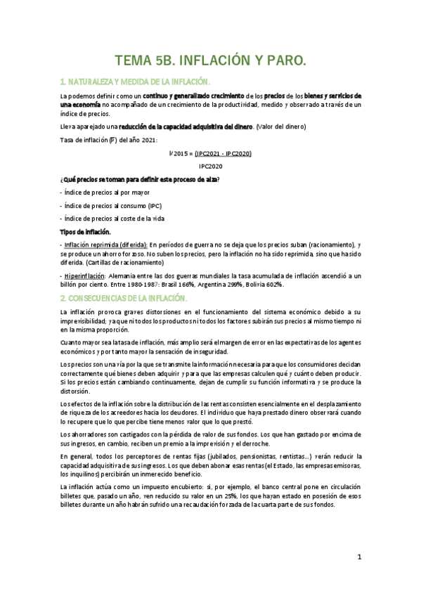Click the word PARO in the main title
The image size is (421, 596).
281,61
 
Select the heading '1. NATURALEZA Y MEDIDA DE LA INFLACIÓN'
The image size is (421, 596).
141,82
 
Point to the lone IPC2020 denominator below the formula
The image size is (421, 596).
211,166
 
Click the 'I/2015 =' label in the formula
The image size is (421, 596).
181,153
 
